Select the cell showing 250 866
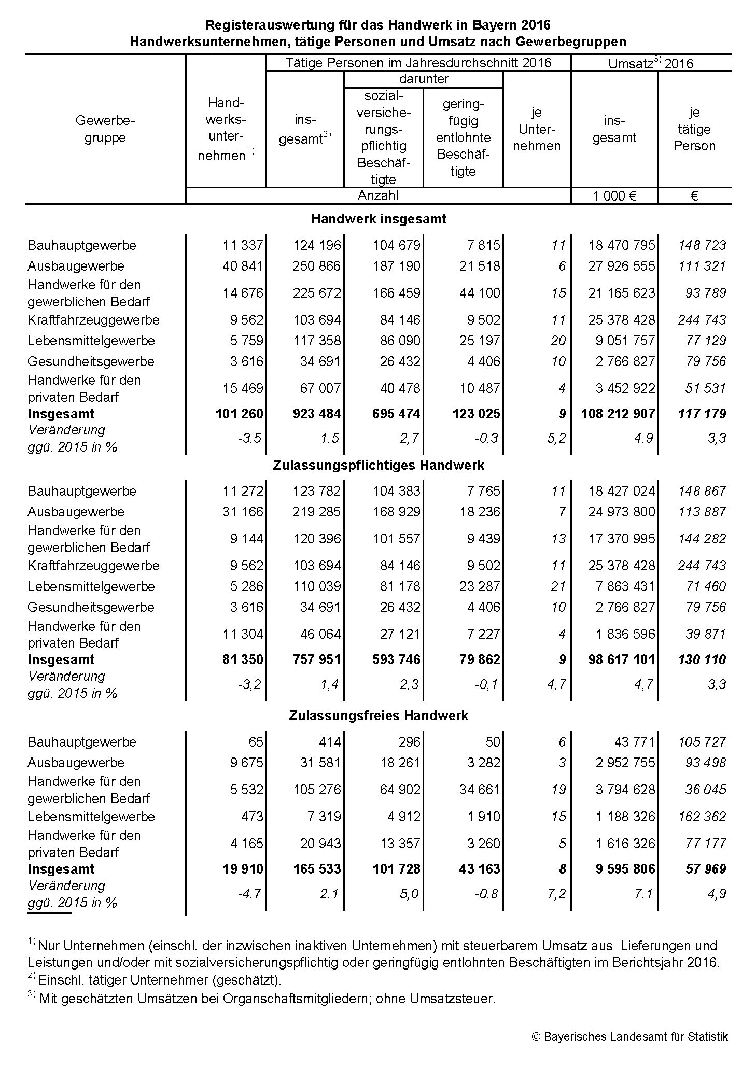click(316, 266)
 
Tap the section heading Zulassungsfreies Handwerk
click(379, 715)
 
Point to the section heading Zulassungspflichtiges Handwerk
click(379, 465)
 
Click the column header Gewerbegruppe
click(105, 129)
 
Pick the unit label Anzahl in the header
click(378, 195)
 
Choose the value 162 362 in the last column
click(702, 817)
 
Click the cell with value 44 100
click(480, 293)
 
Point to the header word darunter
click(424, 79)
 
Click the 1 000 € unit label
click(614, 196)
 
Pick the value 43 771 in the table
click(635, 742)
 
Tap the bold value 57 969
click(705, 868)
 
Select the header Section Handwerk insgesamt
click(379, 219)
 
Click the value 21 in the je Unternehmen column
click(558, 586)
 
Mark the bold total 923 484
click(316, 414)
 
